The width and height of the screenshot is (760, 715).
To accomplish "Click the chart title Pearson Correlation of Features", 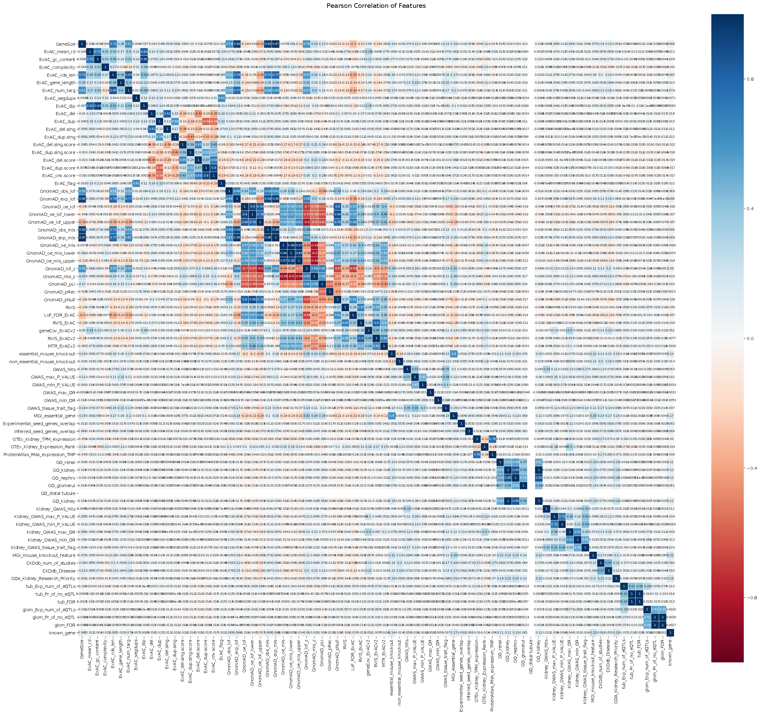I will (376, 6).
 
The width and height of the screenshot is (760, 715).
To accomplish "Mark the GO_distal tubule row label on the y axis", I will (58, 493).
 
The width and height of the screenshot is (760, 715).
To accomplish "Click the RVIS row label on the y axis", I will (70, 307).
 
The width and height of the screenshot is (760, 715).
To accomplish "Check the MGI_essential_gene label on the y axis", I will (54, 416).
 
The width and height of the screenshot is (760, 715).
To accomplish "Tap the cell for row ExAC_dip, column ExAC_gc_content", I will (97, 106).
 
